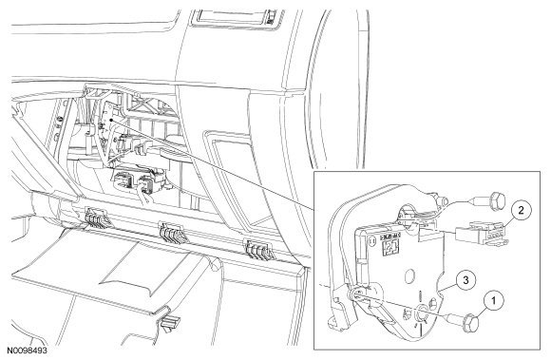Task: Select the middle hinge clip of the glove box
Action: coord(172,233)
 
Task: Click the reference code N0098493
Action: coord(28,351)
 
